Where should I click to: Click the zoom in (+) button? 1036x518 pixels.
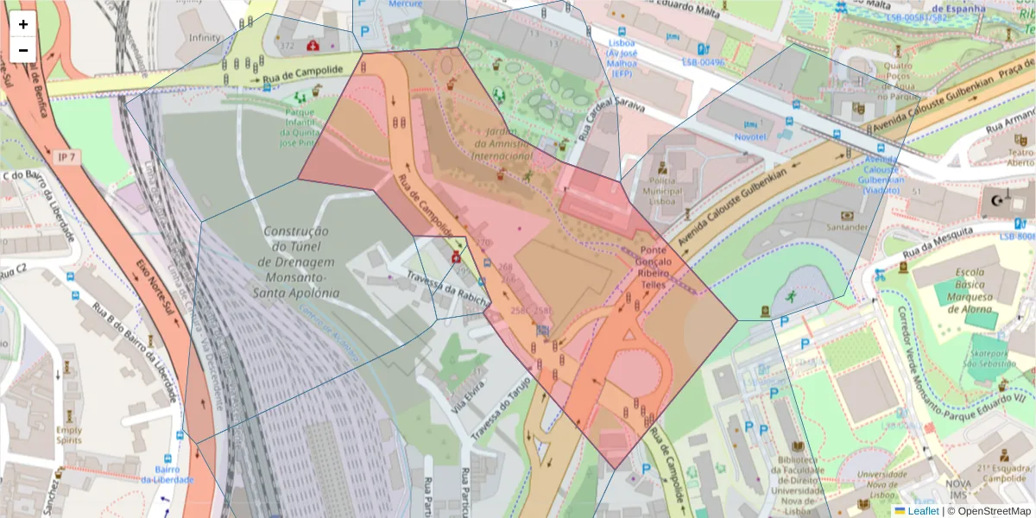click(x=23, y=24)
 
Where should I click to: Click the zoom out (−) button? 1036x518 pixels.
click(x=23, y=49)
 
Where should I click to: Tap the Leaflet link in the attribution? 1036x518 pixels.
click(x=923, y=511)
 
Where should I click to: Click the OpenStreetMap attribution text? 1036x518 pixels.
click(x=994, y=511)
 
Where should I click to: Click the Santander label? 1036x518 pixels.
click(x=846, y=227)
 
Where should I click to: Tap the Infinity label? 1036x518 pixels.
click(x=205, y=38)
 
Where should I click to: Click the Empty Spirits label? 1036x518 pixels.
click(x=69, y=434)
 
